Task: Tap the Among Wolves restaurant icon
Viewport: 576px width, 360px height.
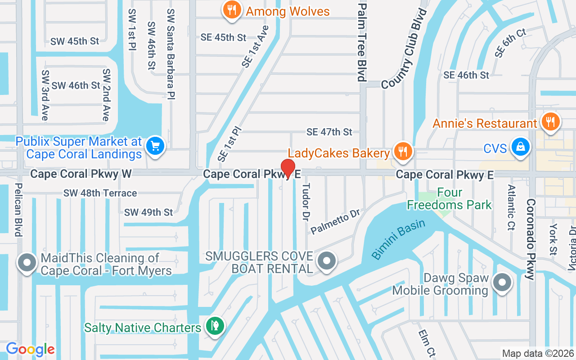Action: (x=232, y=11)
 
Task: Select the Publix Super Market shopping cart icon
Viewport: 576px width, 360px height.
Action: (x=155, y=146)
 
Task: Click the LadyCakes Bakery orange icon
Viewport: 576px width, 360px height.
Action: (x=403, y=152)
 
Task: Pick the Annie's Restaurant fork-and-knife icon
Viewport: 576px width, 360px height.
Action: (x=549, y=122)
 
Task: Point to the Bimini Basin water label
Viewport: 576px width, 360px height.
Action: (x=398, y=238)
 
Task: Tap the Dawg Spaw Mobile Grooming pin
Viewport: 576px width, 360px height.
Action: (x=502, y=283)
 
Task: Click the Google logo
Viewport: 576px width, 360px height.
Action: (x=30, y=349)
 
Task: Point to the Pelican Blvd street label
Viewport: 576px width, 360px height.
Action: (x=18, y=209)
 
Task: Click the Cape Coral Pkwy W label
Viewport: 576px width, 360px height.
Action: (x=81, y=174)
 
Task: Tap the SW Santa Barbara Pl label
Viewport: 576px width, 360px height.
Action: (x=171, y=54)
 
